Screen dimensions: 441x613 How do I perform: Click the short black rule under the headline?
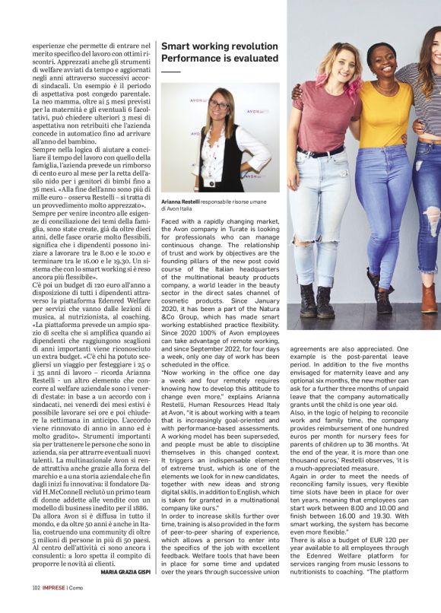point(170,71)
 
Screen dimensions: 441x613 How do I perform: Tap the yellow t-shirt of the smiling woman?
point(385,114)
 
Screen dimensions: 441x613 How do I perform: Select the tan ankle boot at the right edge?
point(430,297)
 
